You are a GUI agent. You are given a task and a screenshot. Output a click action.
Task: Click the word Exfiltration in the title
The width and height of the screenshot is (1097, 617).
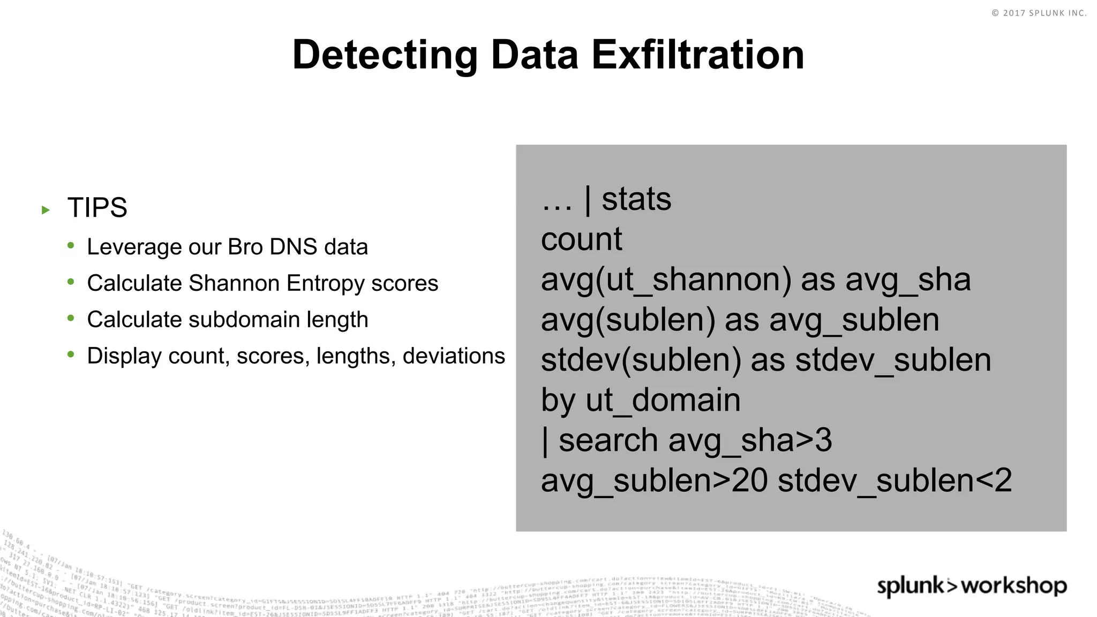point(697,55)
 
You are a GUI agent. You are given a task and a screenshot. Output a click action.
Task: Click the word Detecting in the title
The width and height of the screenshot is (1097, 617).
point(385,55)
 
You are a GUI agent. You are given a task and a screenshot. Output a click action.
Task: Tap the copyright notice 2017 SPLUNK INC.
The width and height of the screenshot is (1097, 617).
point(1039,13)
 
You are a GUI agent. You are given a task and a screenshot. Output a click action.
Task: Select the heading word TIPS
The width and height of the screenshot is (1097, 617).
point(97,208)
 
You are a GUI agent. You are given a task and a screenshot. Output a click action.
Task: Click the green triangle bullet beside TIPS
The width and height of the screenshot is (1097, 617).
point(46,210)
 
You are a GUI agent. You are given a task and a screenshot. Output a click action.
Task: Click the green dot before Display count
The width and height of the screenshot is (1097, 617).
point(71,354)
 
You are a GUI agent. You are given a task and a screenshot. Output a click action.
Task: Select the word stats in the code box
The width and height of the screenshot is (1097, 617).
point(636,199)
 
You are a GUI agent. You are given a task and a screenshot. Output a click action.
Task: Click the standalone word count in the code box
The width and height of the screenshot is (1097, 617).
point(581,239)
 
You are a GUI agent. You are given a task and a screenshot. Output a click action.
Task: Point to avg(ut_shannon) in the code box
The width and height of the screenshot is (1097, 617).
point(666,280)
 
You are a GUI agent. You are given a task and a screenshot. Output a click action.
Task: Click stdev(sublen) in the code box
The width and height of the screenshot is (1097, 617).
point(641,360)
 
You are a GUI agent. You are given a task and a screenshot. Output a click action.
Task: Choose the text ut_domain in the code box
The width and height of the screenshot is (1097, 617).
point(663,400)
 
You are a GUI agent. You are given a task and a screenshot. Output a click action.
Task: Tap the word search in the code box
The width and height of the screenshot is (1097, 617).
point(607,440)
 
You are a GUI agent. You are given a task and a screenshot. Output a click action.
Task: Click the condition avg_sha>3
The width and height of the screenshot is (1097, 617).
point(750,440)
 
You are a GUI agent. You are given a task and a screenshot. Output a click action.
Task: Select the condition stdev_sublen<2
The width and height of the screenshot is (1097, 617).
point(895,480)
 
